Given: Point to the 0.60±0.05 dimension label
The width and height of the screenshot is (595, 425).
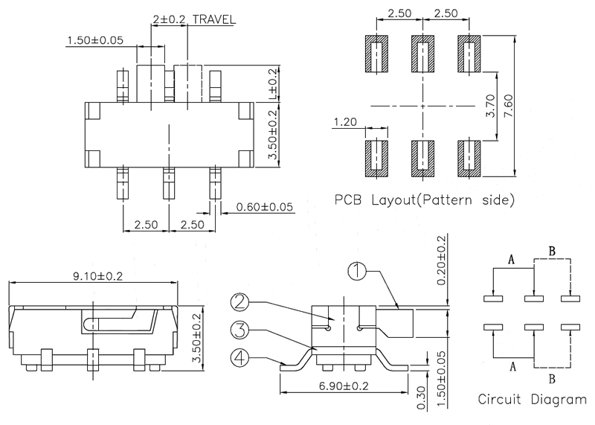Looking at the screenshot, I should (x=264, y=206).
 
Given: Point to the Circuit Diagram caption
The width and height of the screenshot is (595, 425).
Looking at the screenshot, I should (x=531, y=399).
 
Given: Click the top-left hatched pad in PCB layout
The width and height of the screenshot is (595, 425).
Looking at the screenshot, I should (x=378, y=54).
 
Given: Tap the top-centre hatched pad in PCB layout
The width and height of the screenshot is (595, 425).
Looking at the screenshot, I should (x=423, y=54).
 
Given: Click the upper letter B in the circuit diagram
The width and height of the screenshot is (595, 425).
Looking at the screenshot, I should (x=552, y=252).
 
